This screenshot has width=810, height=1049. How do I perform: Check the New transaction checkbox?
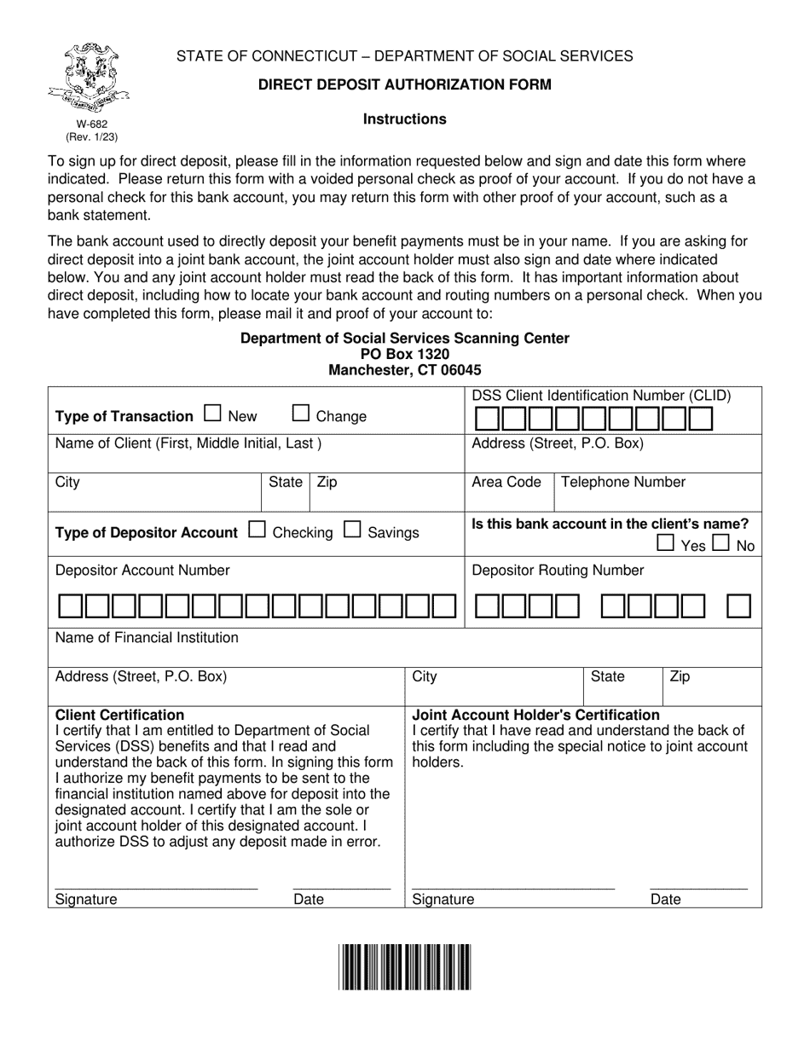[213, 414]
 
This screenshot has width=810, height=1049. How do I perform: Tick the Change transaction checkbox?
[301, 414]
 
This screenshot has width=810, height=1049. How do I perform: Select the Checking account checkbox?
[257, 530]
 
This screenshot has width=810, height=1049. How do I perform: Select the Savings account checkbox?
[352, 530]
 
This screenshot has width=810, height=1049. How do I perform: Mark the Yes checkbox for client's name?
[665, 543]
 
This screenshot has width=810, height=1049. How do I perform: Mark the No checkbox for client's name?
[720, 543]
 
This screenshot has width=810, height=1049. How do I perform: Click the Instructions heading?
[404, 119]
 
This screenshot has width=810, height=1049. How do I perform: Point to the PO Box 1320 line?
[404, 354]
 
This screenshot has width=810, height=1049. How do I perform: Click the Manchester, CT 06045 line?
[404, 370]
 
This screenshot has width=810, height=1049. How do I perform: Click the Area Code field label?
[506, 482]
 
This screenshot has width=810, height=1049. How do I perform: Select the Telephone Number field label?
[622, 482]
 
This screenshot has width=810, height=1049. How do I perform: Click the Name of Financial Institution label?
[147, 637]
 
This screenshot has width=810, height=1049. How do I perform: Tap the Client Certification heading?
[119, 715]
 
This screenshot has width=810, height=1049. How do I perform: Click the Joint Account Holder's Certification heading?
[535, 715]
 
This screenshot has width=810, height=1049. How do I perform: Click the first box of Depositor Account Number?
[71, 606]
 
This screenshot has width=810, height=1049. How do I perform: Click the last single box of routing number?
[738, 606]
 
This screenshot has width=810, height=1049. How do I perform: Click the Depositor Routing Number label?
[558, 570]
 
